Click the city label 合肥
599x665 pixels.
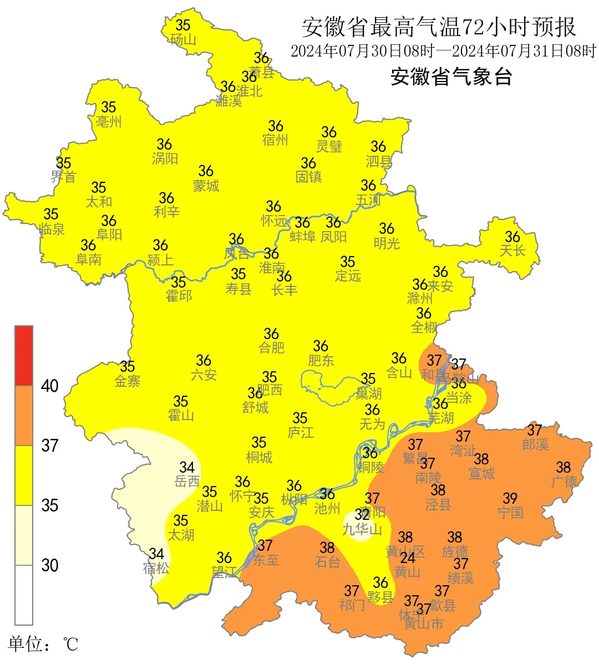(x=272, y=348)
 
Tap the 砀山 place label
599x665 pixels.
(x=183, y=39)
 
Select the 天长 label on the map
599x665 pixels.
(x=512, y=250)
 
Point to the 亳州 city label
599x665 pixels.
(x=109, y=121)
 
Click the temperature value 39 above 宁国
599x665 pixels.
(x=510, y=499)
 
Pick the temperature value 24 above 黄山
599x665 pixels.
(x=408, y=558)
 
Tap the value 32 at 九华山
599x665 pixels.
(x=362, y=515)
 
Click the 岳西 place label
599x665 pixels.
(x=187, y=481)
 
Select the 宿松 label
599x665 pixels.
(x=156, y=568)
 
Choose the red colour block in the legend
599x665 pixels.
(x=24, y=355)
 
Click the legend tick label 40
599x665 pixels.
(x=50, y=386)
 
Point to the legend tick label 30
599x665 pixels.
(x=50, y=565)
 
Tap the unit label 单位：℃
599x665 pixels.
(x=43, y=644)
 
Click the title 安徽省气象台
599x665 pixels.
(x=451, y=76)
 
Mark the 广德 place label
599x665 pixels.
(x=564, y=481)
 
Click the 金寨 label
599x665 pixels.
(x=128, y=381)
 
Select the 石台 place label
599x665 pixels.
(x=327, y=562)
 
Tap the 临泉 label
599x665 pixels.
(x=52, y=228)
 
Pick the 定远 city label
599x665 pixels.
(x=348, y=275)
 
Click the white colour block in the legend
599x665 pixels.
(x=24, y=595)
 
